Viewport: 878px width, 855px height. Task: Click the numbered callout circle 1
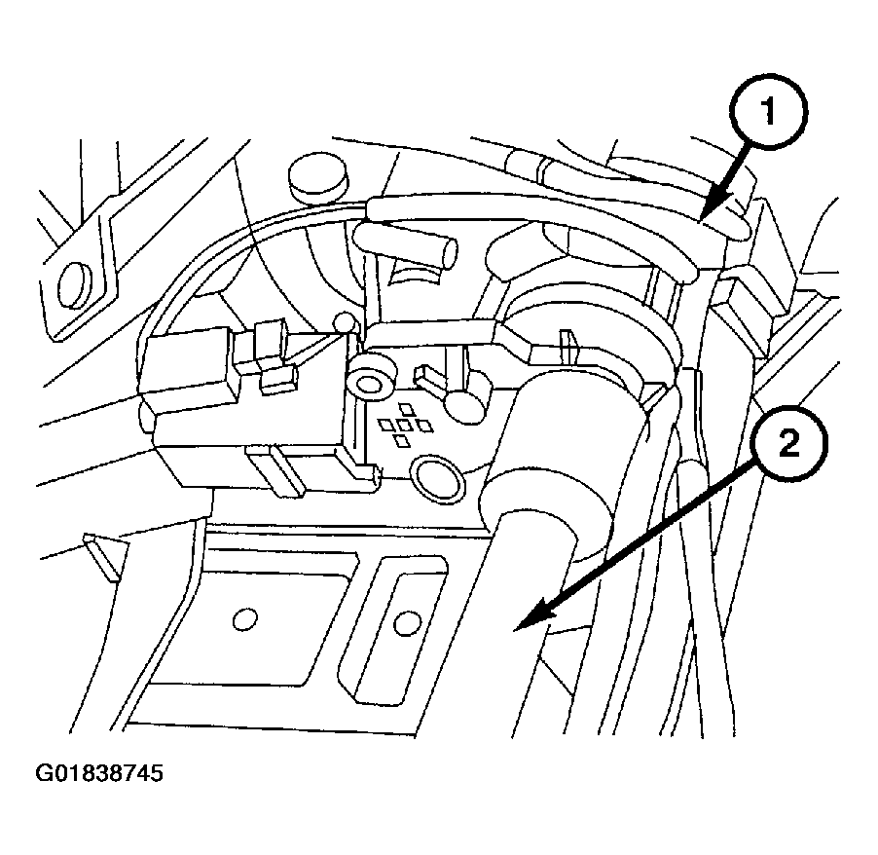point(769,111)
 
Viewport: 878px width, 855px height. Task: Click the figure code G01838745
point(99,774)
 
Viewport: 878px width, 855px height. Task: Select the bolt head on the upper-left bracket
point(75,284)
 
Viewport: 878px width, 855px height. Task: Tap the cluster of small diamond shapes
point(405,425)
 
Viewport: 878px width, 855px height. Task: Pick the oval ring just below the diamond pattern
point(437,477)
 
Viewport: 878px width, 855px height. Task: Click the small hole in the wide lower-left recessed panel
point(244,619)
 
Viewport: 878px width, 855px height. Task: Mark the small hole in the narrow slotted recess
point(407,623)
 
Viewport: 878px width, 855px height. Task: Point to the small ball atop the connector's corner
point(345,322)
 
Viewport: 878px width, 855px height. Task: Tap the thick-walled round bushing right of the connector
point(368,385)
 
